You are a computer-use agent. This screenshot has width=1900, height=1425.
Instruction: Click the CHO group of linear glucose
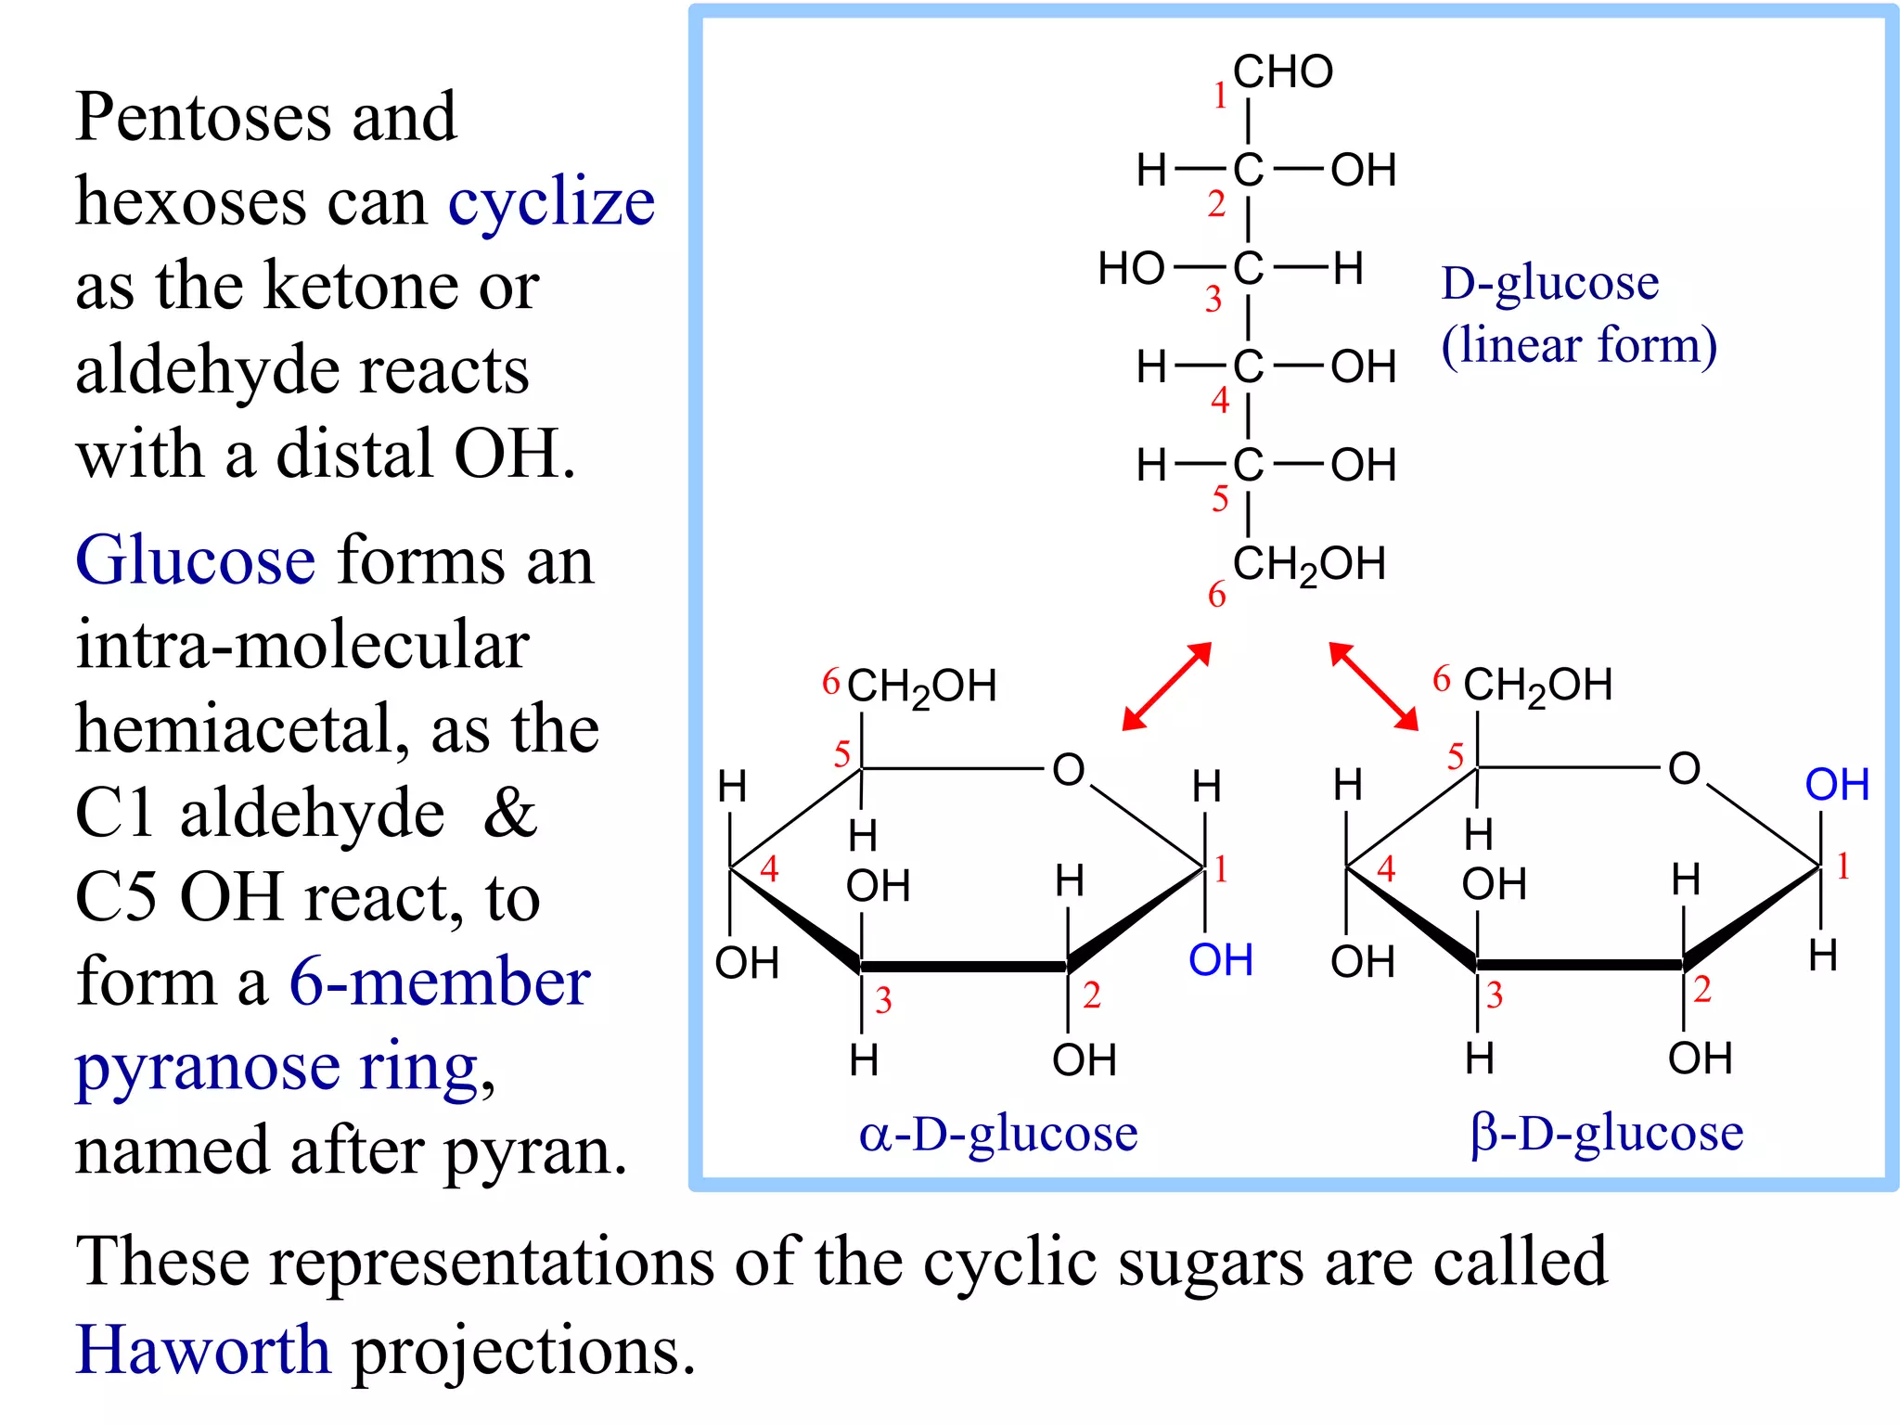click(x=1282, y=72)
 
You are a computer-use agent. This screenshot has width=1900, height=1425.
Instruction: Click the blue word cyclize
click(x=551, y=202)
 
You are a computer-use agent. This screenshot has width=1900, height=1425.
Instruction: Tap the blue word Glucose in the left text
click(x=195, y=560)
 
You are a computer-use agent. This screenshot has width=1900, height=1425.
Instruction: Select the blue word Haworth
click(x=202, y=1350)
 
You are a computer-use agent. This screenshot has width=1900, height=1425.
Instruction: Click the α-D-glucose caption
click(x=997, y=1134)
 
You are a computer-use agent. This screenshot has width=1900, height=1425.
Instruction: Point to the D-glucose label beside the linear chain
click(x=1549, y=283)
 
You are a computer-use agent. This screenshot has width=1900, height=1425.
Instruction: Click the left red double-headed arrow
click(x=1167, y=687)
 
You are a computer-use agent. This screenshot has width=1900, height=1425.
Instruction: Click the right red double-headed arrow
click(x=1373, y=687)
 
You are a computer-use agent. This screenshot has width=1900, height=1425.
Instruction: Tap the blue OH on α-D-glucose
click(x=1221, y=961)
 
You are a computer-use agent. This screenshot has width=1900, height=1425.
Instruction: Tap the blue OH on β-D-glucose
click(x=1837, y=785)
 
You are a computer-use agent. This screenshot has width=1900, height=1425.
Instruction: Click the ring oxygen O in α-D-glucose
click(x=1068, y=770)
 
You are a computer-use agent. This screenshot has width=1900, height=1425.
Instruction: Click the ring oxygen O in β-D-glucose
click(x=1684, y=769)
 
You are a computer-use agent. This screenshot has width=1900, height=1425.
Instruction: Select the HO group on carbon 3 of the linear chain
click(x=1130, y=270)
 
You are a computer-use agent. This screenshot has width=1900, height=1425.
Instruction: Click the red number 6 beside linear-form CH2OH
click(x=1216, y=596)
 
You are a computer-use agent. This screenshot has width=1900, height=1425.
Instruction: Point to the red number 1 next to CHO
click(x=1221, y=96)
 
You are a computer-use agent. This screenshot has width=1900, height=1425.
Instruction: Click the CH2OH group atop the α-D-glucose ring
click(x=921, y=687)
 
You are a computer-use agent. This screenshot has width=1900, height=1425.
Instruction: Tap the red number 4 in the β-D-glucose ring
click(x=1386, y=869)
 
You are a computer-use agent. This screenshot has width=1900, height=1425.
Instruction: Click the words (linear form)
click(x=1578, y=345)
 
